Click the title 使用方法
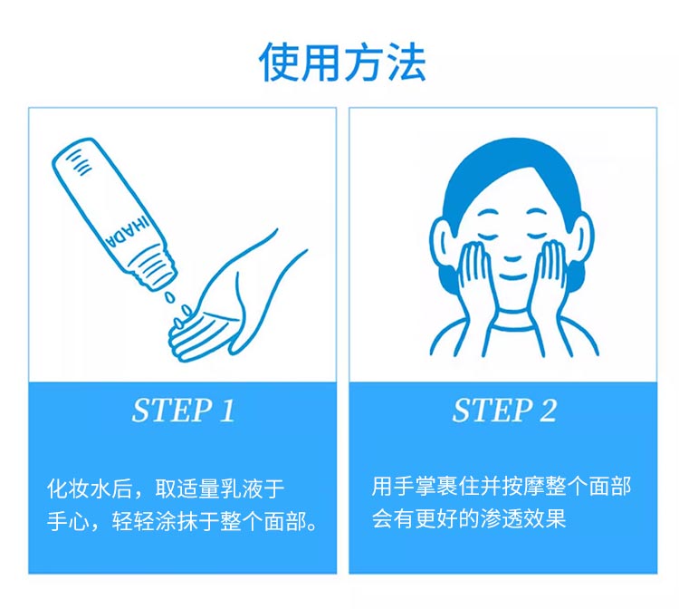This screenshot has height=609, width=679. click(342, 62)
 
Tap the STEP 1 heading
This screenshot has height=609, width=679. click(183, 410)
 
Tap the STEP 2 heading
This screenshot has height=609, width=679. click(504, 410)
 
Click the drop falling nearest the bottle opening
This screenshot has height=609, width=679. click(169, 297)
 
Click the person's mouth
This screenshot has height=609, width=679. click(512, 276)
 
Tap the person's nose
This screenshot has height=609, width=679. click(512, 259)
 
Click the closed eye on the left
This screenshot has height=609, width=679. click(488, 236)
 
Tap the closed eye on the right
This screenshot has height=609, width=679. click(537, 236)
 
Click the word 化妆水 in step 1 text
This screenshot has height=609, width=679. click(79, 488)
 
